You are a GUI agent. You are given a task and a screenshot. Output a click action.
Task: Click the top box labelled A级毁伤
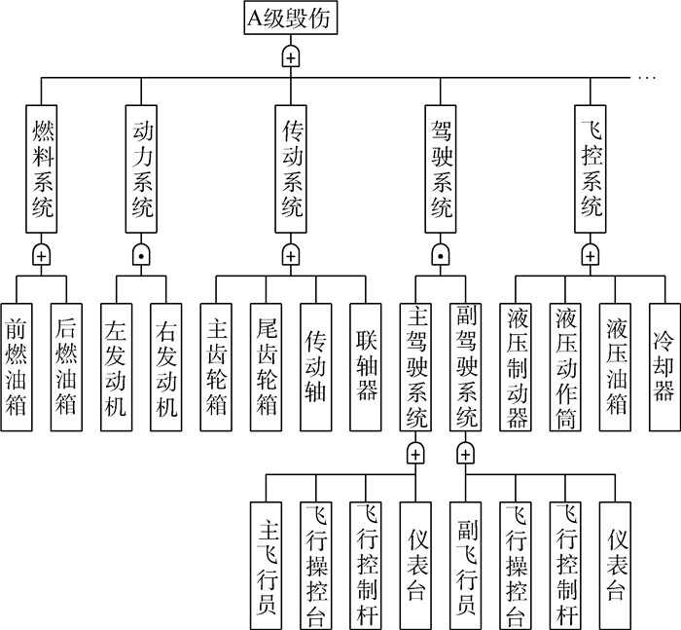tap(289, 19)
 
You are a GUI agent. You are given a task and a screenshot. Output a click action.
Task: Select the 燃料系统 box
tap(41, 168)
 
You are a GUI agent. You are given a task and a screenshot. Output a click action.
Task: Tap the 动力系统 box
tap(141, 168)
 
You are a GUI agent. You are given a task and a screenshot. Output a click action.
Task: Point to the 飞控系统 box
tap(591, 168)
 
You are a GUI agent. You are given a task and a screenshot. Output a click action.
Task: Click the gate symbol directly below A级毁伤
tap(290, 56)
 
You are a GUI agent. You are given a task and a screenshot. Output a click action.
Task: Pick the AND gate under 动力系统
tap(141, 255)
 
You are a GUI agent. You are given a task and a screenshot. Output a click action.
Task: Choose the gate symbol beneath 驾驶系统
tap(441, 255)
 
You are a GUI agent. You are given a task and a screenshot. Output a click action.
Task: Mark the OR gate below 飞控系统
tap(591, 255)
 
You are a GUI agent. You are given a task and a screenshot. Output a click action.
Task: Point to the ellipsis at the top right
tap(647, 76)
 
